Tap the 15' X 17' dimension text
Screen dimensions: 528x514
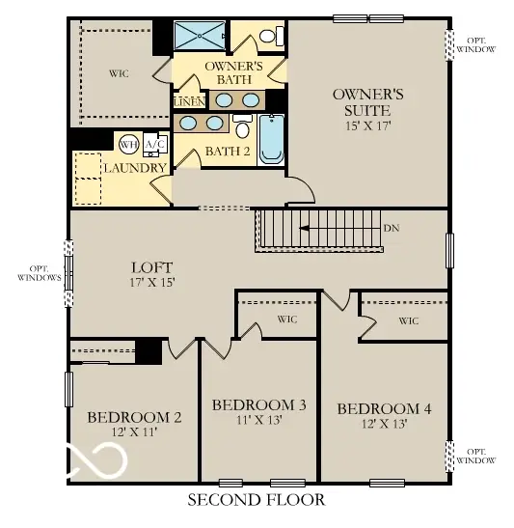click(367, 125)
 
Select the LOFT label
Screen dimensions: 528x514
click(151, 267)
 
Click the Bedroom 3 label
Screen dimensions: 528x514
click(258, 404)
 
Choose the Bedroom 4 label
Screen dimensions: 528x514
click(384, 409)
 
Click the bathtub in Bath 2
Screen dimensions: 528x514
click(271, 139)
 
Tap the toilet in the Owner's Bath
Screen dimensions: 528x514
click(271, 37)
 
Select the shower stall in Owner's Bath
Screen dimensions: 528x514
click(200, 36)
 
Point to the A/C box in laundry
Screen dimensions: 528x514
click(154, 145)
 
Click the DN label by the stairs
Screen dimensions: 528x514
click(391, 229)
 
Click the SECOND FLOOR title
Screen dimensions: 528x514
click(256, 500)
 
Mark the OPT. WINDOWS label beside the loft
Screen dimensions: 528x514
click(39, 273)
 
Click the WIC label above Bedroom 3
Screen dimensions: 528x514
click(286, 320)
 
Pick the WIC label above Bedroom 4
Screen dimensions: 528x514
click(408, 320)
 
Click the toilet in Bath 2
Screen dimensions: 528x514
click(242, 128)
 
